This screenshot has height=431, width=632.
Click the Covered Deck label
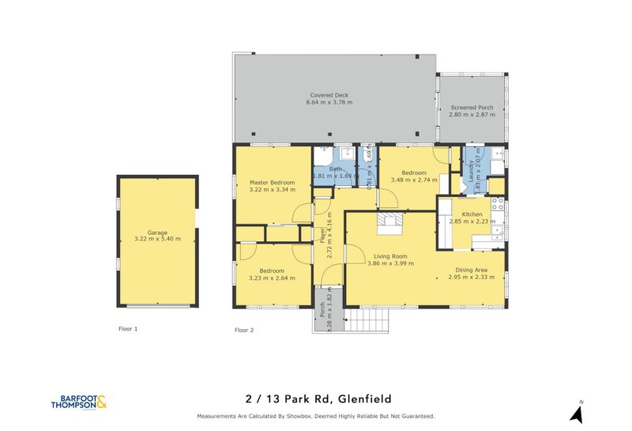click(329, 95)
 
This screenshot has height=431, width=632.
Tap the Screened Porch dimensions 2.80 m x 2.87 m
click(472, 115)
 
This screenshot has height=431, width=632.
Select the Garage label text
click(156, 233)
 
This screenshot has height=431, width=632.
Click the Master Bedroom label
click(266, 182)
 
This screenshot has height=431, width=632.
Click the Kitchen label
click(472, 214)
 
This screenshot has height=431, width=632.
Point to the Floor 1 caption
click(127, 327)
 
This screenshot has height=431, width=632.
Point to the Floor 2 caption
click(244, 330)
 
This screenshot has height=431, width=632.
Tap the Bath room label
click(336, 168)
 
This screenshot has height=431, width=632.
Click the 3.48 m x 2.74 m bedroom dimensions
click(414, 180)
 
